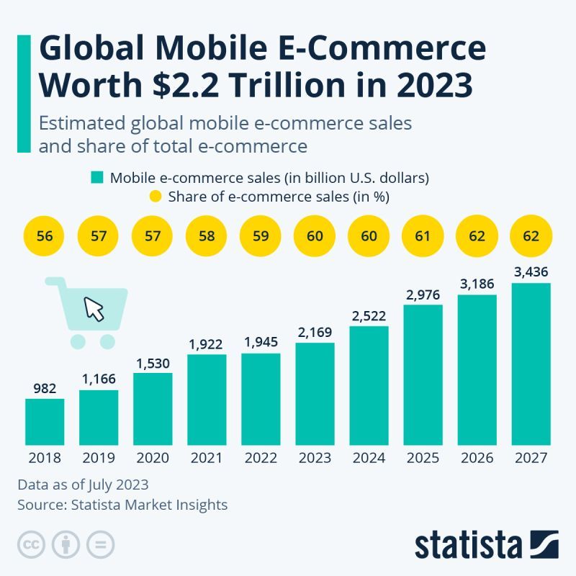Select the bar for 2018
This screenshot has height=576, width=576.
(x=45, y=421)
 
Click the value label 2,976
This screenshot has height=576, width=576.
(x=423, y=295)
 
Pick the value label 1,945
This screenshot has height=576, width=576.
(x=261, y=343)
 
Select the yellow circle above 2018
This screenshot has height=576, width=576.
(x=45, y=236)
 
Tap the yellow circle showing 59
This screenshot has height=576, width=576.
(x=261, y=236)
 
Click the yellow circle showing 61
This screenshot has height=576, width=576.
(x=423, y=236)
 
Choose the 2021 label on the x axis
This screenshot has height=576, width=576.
(x=207, y=458)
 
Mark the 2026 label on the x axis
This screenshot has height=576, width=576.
(x=477, y=458)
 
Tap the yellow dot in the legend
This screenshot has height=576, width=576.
(x=155, y=196)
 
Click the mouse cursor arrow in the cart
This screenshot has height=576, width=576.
(x=94, y=309)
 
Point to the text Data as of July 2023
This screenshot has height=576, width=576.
(x=83, y=485)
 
